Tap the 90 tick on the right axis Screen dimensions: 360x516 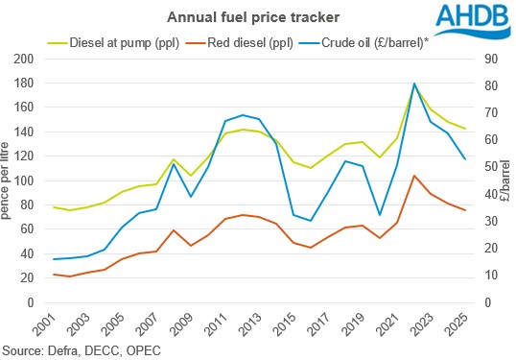(x=487, y=60)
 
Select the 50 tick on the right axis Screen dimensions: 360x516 (x=487, y=167)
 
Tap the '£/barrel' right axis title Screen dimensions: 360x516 (x=505, y=180)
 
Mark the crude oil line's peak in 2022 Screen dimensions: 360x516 (x=414, y=84)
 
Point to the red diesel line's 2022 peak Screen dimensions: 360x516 (x=414, y=176)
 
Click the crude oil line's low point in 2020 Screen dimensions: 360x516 (x=380, y=215)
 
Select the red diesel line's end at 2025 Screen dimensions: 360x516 (x=465, y=210)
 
